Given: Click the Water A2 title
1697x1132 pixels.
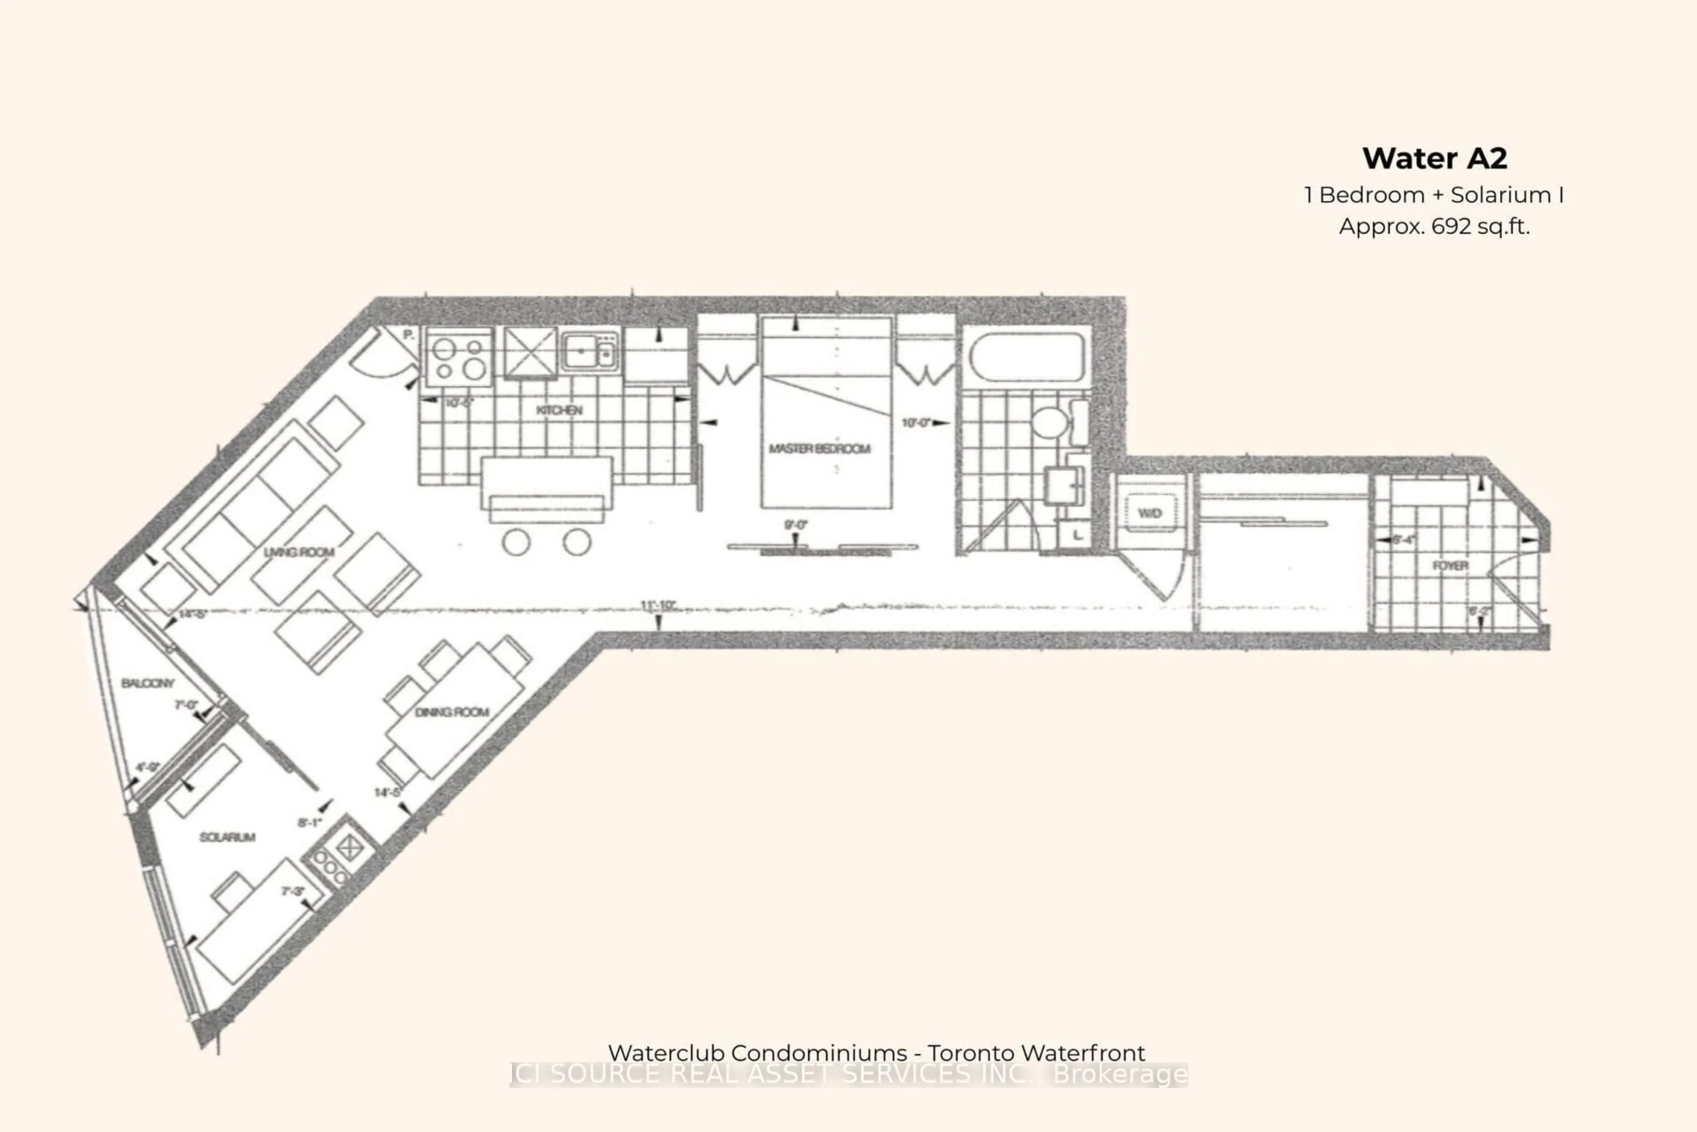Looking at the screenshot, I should pos(1434,158).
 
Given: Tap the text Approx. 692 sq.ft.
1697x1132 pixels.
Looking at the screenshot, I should pos(1434,227).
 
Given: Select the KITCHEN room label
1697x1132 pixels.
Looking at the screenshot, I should pos(559,410).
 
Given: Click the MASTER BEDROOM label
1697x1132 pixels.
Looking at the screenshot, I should pos(820,449).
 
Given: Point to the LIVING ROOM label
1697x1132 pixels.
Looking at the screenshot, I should pos(299,552).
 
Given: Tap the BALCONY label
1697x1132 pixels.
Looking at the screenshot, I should pos(148,683).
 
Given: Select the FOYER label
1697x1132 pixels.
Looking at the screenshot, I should pos(1450,565).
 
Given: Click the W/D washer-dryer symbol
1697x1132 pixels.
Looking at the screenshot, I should pos(1149,513).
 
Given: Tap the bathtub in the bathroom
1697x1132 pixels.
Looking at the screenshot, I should pos(1027,357).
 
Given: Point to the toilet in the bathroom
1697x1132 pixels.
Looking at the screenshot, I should pos(1050,421).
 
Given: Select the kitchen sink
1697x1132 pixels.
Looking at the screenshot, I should pos(590,352).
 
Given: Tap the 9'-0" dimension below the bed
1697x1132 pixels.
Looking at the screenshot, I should pos(796,525).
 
